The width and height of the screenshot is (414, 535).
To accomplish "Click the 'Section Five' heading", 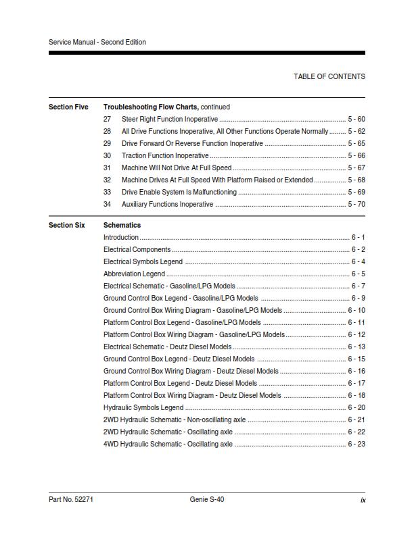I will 68,107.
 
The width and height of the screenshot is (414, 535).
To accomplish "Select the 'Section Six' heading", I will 66,225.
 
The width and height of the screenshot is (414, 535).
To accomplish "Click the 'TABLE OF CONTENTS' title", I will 329,76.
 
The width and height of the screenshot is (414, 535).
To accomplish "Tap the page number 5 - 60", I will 356,119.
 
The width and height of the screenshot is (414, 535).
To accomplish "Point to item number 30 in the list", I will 107,155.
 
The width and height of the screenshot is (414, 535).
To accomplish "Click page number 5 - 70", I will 356,204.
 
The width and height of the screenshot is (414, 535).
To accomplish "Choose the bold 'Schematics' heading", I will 122,225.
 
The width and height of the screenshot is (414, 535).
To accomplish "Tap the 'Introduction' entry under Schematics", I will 121,237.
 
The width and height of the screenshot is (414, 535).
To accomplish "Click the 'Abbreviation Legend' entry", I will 134,274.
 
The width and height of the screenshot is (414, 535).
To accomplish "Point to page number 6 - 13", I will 356,347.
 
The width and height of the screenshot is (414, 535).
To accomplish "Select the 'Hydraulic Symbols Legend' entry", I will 143,407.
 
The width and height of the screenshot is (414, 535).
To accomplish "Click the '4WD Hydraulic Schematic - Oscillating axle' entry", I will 168,444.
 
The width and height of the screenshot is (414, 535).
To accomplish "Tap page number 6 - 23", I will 356,444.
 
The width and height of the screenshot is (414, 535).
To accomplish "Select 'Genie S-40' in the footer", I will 207,500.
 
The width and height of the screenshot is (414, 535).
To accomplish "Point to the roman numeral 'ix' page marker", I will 363,500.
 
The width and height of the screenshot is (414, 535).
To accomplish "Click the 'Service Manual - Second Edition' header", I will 97,42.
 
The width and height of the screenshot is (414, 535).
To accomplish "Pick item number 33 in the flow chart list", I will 107,192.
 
